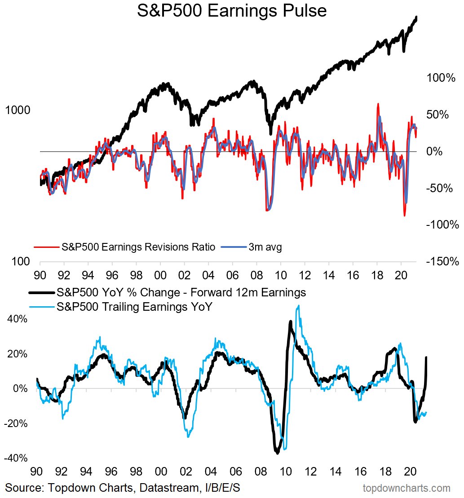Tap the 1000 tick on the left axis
18,110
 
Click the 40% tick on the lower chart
17,319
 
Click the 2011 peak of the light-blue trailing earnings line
298,306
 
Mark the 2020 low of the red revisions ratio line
404,216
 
